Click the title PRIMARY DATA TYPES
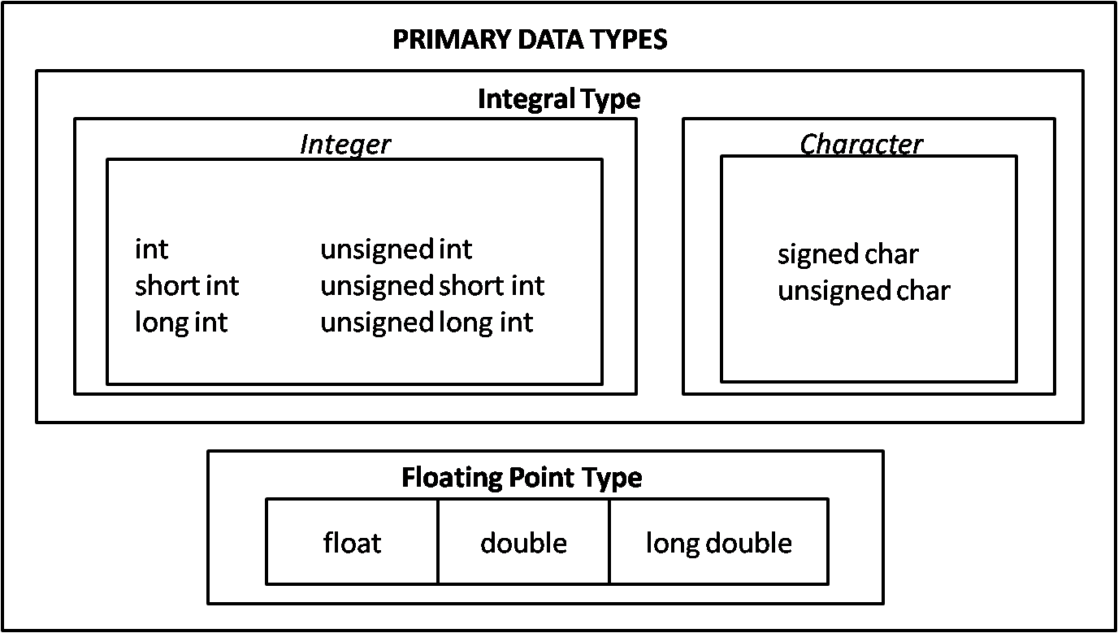pos(530,39)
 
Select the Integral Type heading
pos(559,99)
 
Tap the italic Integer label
pos(345,145)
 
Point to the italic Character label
pos(861,145)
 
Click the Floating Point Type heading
pos(522,477)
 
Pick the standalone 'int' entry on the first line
pos(151,249)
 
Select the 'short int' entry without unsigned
pos(187,285)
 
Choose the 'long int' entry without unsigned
pos(181,322)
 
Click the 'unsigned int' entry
pos(396,249)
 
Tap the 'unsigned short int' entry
pos(432,285)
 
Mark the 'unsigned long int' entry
pos(427,322)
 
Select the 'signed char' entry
pos(847,254)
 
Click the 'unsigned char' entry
pos(864,290)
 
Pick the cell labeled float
pos(352,542)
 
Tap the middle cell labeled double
pos(523,542)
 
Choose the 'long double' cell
pos(718,542)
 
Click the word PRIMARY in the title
pos(443,39)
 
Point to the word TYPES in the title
pos(630,39)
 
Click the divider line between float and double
pos(438,542)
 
